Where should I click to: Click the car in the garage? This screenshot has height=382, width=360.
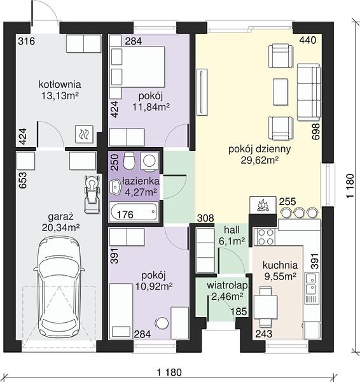59,288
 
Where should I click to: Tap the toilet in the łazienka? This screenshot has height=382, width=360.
128,160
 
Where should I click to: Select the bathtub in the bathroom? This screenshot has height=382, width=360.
134,212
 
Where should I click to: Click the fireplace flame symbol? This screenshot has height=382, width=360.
263,205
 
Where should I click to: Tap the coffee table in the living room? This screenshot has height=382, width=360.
280,92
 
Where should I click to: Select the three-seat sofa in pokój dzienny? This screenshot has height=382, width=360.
308,92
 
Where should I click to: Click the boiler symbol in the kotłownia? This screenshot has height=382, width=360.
84,134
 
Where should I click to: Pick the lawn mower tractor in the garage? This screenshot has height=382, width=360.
92,194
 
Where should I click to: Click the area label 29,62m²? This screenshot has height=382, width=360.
260,160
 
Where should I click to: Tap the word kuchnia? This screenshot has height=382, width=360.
280,265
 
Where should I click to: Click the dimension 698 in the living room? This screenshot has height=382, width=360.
315,131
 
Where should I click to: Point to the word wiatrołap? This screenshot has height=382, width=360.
227,285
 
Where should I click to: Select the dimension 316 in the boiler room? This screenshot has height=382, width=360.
27,41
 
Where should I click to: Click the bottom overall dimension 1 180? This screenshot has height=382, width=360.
169,372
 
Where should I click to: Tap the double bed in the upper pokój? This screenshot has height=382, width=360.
137,66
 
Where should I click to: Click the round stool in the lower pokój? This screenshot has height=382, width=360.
162,323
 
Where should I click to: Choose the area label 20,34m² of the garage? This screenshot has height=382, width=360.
60,228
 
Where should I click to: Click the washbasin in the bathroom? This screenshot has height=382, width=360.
116,187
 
